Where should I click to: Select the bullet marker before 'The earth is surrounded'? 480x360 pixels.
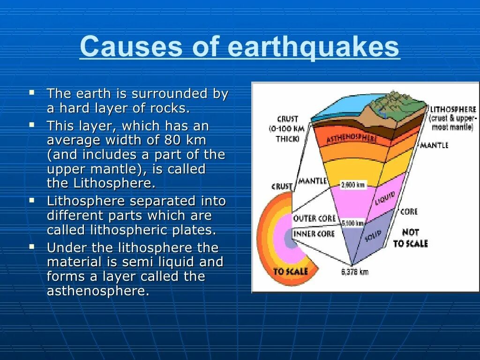click(x=32, y=92)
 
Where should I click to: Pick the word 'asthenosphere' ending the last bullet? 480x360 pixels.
click(x=97, y=291)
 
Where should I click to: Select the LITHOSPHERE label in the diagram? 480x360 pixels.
click(x=453, y=109)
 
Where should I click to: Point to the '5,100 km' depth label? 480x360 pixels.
click(x=353, y=224)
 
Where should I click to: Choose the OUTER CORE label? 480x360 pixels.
click(x=314, y=218)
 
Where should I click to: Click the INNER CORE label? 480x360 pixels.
click(x=314, y=233)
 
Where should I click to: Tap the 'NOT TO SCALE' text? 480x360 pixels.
click(x=410, y=238)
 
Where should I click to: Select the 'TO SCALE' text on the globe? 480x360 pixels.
click(x=291, y=271)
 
